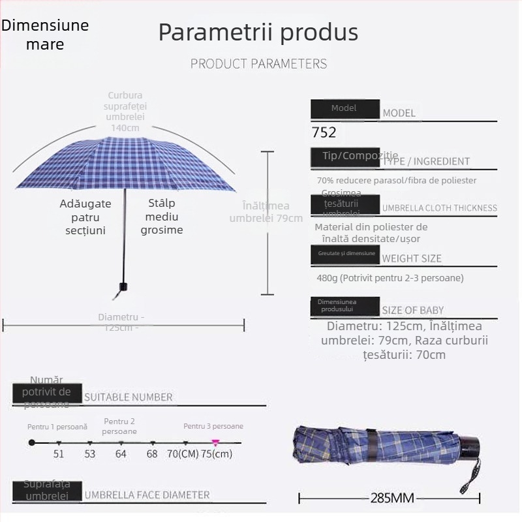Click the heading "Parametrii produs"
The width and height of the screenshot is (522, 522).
point(258,33)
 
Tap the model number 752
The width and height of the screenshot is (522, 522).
point(324,132)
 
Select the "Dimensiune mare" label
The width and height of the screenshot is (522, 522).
point(45,35)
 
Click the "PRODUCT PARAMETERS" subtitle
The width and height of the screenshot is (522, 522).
point(258,64)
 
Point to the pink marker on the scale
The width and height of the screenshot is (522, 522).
point(215,442)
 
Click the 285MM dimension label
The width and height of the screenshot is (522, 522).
point(392,499)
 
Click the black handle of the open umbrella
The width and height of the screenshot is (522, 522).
point(123,287)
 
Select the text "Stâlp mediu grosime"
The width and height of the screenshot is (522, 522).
point(162,217)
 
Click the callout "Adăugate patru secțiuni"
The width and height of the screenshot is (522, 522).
point(85,217)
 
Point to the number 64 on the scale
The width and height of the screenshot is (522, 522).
point(121,453)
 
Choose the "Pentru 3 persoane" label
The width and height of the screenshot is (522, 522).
point(213,426)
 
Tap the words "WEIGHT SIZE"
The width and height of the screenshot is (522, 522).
point(412,258)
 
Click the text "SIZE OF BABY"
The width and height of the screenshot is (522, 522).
point(413,311)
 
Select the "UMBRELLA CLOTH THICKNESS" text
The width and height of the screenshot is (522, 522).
point(440,208)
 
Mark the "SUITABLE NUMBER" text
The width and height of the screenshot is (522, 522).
point(129,397)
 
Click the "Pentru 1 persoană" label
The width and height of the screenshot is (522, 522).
point(57,426)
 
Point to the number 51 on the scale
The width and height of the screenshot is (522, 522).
point(59,453)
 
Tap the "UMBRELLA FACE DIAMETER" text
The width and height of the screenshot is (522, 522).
point(147,495)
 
